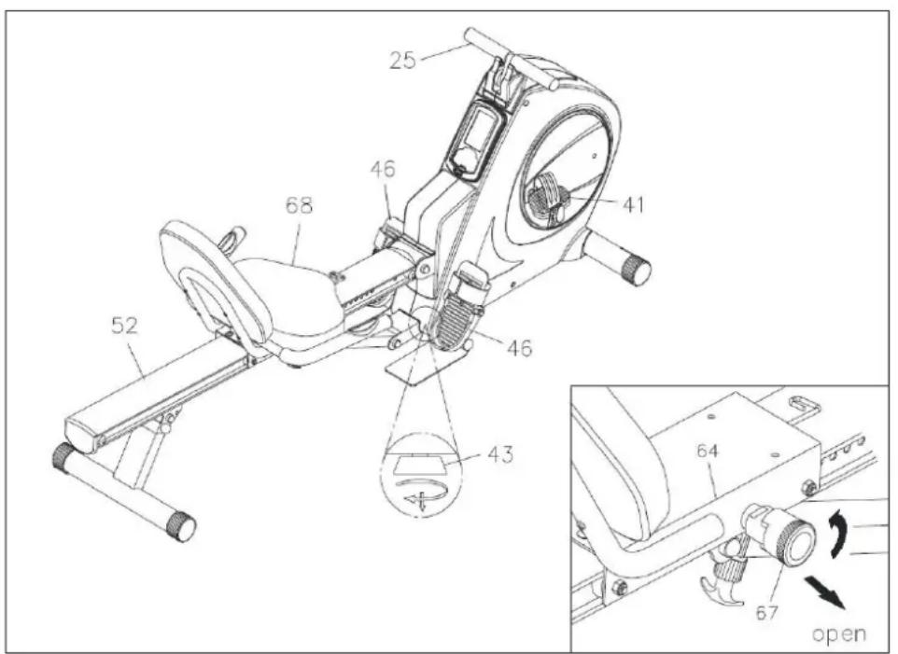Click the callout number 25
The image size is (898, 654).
pyautogui.click(x=402, y=60)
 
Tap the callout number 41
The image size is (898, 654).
pyautogui.click(x=632, y=204)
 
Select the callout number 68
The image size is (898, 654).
pyautogui.click(x=299, y=205)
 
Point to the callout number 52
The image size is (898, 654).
pyautogui.click(x=124, y=326)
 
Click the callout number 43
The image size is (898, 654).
pyautogui.click(x=500, y=454)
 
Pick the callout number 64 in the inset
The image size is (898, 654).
pyautogui.click(x=707, y=451)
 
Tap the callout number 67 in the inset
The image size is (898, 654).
pyautogui.click(x=766, y=613)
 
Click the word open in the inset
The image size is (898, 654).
pyautogui.click(x=839, y=634)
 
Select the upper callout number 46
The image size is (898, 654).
pyautogui.click(x=383, y=170)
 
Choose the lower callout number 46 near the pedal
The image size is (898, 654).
pyautogui.click(x=519, y=347)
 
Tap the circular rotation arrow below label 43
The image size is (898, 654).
pyautogui.click(x=422, y=491)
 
